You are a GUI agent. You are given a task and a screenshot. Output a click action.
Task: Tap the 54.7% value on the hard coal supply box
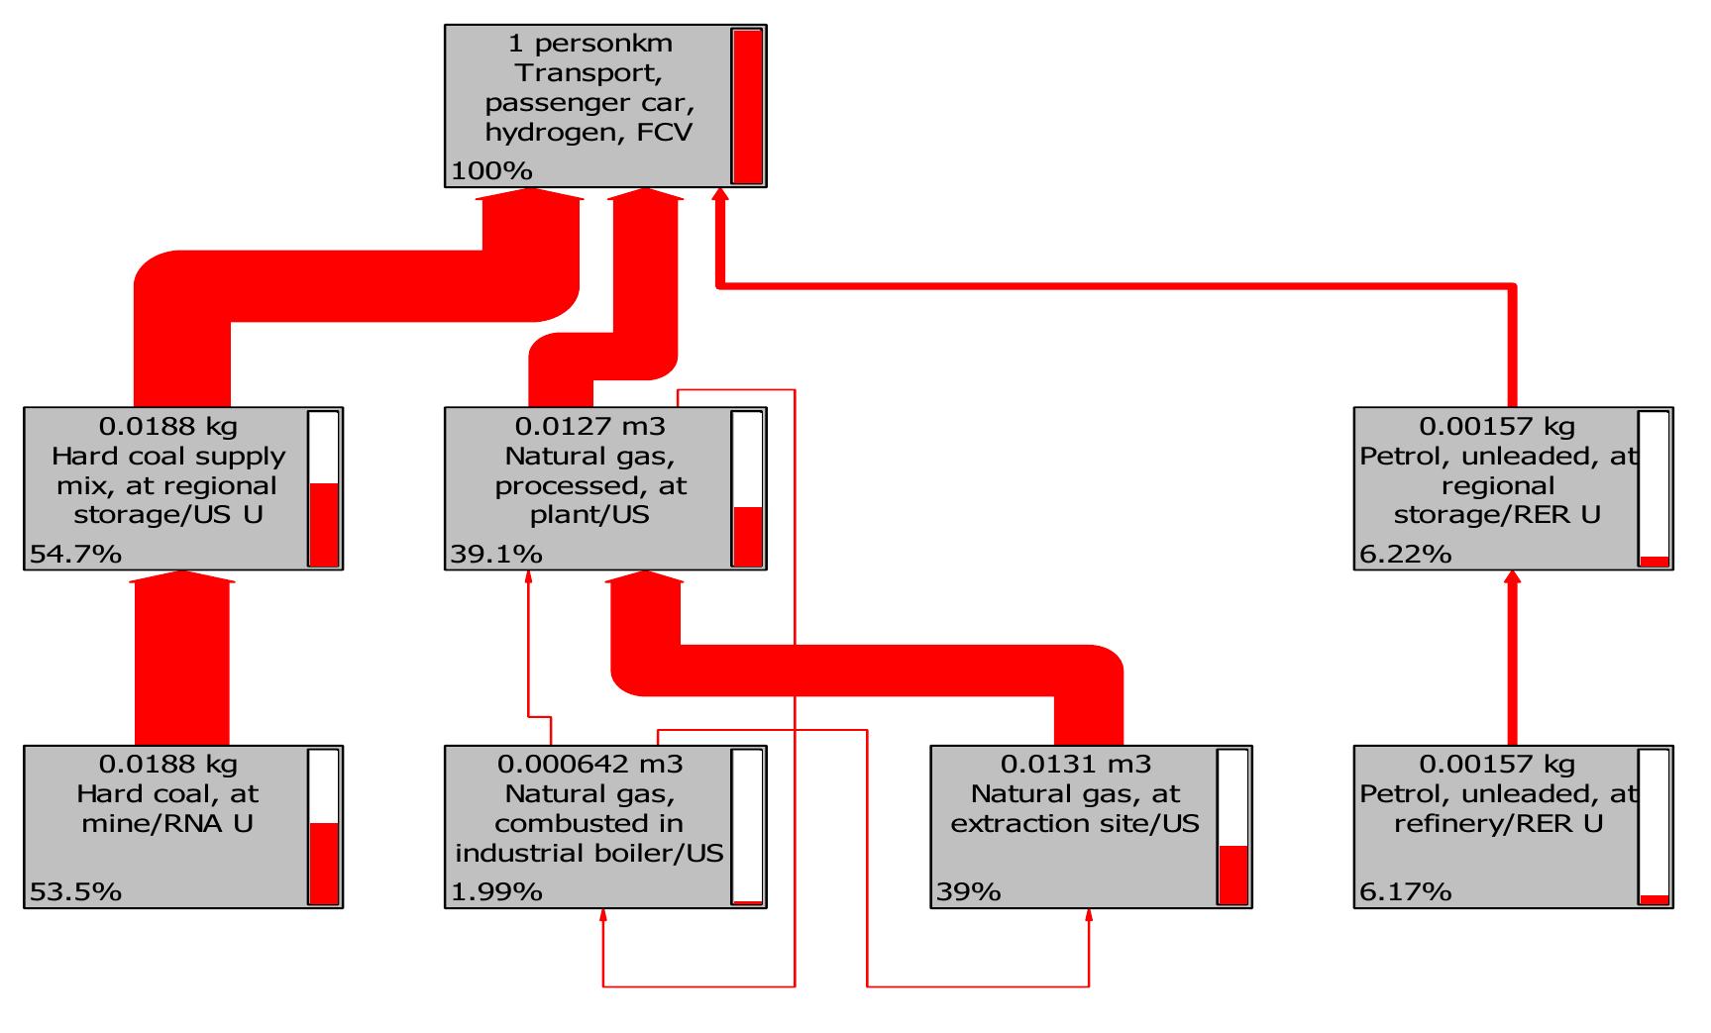(x=75, y=554)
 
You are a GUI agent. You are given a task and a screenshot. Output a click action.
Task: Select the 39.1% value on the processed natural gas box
(x=496, y=554)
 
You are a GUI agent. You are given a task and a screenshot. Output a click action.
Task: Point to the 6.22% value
(x=1405, y=554)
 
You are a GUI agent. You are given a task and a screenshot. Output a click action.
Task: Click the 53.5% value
(x=75, y=891)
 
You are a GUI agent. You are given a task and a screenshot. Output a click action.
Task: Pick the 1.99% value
(x=496, y=891)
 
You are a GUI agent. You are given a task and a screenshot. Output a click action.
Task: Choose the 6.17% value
(x=1405, y=891)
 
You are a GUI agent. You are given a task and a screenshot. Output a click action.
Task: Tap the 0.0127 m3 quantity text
(x=590, y=427)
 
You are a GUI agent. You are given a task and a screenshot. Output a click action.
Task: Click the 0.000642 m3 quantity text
(x=590, y=765)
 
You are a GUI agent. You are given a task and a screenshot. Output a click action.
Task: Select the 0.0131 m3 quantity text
(x=1076, y=765)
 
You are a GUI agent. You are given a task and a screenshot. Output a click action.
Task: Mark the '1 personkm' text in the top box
(x=590, y=44)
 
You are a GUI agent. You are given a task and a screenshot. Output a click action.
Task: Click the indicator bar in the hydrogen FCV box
(x=747, y=106)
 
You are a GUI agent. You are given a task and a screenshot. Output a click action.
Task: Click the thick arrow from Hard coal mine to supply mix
(x=182, y=664)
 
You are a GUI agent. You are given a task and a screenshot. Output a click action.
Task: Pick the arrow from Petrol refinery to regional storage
(x=1512, y=664)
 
